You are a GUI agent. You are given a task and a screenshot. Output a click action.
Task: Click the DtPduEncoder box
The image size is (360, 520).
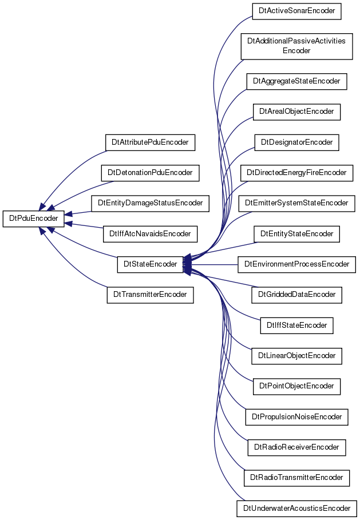[x=33, y=219]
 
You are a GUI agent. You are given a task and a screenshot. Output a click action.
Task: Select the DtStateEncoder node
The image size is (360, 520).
[x=150, y=264]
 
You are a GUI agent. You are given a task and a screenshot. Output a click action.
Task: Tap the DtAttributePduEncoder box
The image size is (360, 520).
[x=150, y=142]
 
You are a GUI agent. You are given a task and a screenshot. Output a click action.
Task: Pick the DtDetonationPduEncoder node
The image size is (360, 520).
[x=150, y=173]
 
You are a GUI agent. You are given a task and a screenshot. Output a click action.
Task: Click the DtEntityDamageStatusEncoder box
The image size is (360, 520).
[x=150, y=203]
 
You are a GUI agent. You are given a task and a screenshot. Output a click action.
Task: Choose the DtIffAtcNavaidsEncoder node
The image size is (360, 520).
[x=150, y=234]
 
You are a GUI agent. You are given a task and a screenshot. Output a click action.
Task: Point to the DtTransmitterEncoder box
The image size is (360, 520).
[x=150, y=295]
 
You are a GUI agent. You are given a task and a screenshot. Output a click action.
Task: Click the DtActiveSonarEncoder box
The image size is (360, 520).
[x=296, y=11]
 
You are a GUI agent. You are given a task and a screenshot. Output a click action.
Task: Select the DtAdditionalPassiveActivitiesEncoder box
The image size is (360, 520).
[x=296, y=46]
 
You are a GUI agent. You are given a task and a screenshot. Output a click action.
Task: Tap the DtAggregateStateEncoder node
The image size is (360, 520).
[x=296, y=82]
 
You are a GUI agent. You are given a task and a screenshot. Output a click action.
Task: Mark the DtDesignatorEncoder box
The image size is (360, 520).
[x=296, y=142]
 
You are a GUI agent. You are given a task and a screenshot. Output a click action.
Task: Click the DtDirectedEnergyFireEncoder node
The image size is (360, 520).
[x=296, y=173]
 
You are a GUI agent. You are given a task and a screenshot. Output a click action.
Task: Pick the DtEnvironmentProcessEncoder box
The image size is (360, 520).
[x=296, y=264]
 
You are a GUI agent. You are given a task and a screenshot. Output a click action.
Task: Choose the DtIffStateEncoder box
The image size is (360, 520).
[x=296, y=326]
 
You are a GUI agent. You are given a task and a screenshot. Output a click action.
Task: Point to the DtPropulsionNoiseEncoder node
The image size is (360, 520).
[x=296, y=417]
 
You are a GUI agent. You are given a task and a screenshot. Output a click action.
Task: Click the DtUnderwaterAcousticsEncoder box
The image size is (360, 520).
[x=296, y=509]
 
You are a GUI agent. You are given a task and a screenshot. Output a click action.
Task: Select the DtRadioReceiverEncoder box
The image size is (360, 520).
[x=296, y=447]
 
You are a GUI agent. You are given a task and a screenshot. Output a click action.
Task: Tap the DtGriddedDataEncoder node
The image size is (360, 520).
[x=296, y=295]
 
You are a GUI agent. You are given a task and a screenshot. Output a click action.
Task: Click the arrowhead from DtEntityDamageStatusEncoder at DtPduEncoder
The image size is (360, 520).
[x=69, y=214]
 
